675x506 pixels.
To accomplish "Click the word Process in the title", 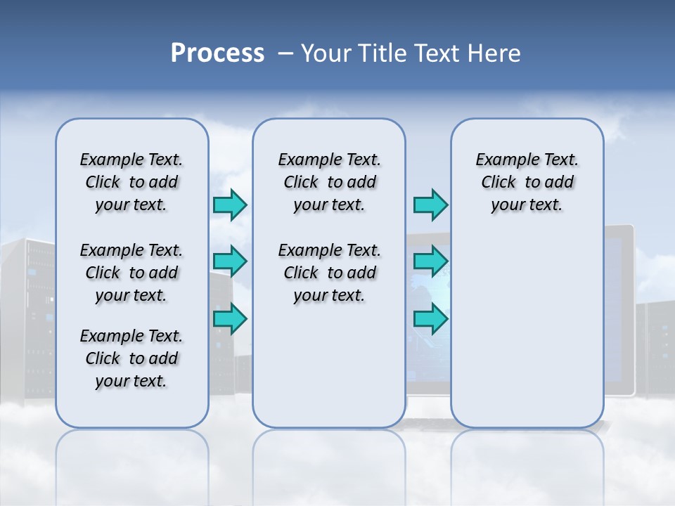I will [217, 53].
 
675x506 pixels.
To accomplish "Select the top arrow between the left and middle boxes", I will [230, 205].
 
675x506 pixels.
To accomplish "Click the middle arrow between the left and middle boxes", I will [230, 261].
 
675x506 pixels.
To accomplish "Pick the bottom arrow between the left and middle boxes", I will [230, 319].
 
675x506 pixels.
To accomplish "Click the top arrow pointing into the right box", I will [430, 205].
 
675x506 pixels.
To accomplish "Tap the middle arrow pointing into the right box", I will [430, 261].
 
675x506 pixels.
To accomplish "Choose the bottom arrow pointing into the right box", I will [430, 319].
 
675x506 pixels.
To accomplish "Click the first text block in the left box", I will [131, 182].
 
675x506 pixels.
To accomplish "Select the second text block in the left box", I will [131, 273].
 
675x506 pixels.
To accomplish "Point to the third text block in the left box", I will [131, 358].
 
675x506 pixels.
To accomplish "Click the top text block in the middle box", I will [329, 182].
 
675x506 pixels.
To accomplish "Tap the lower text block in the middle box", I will [329, 273].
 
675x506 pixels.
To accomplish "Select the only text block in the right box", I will [527, 182].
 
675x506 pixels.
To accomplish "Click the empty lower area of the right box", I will [527, 337].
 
